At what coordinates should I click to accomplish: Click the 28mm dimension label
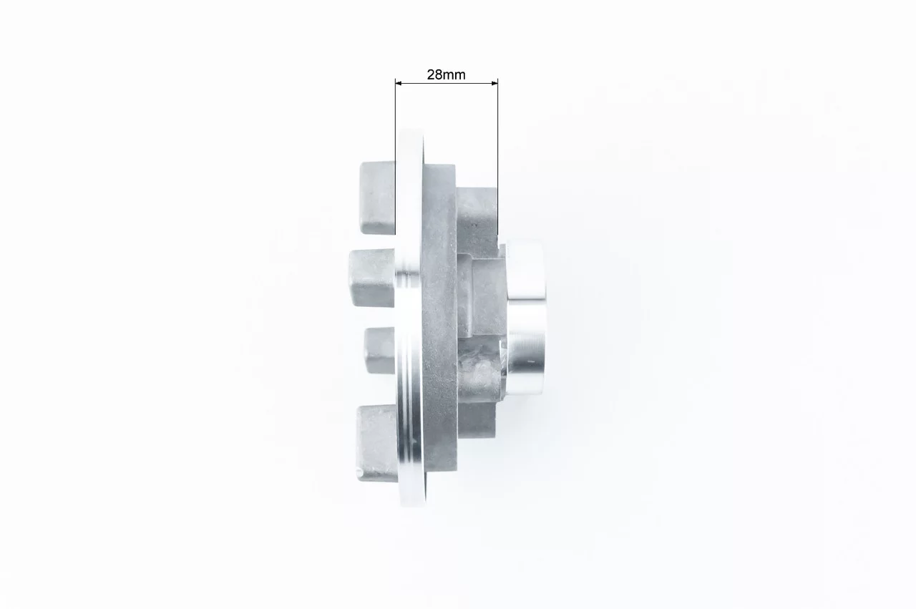[x=446, y=74]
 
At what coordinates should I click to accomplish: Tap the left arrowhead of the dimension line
[x=399, y=83]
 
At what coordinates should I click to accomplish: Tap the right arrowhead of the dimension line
[x=494, y=83]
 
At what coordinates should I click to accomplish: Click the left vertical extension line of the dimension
[x=396, y=157]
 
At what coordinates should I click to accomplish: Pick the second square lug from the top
[x=372, y=278]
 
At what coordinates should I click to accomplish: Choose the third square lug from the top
[x=380, y=351]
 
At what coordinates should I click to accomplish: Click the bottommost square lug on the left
[x=376, y=443]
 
